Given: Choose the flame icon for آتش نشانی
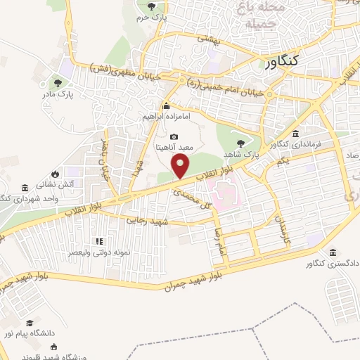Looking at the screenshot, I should [55, 174].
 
